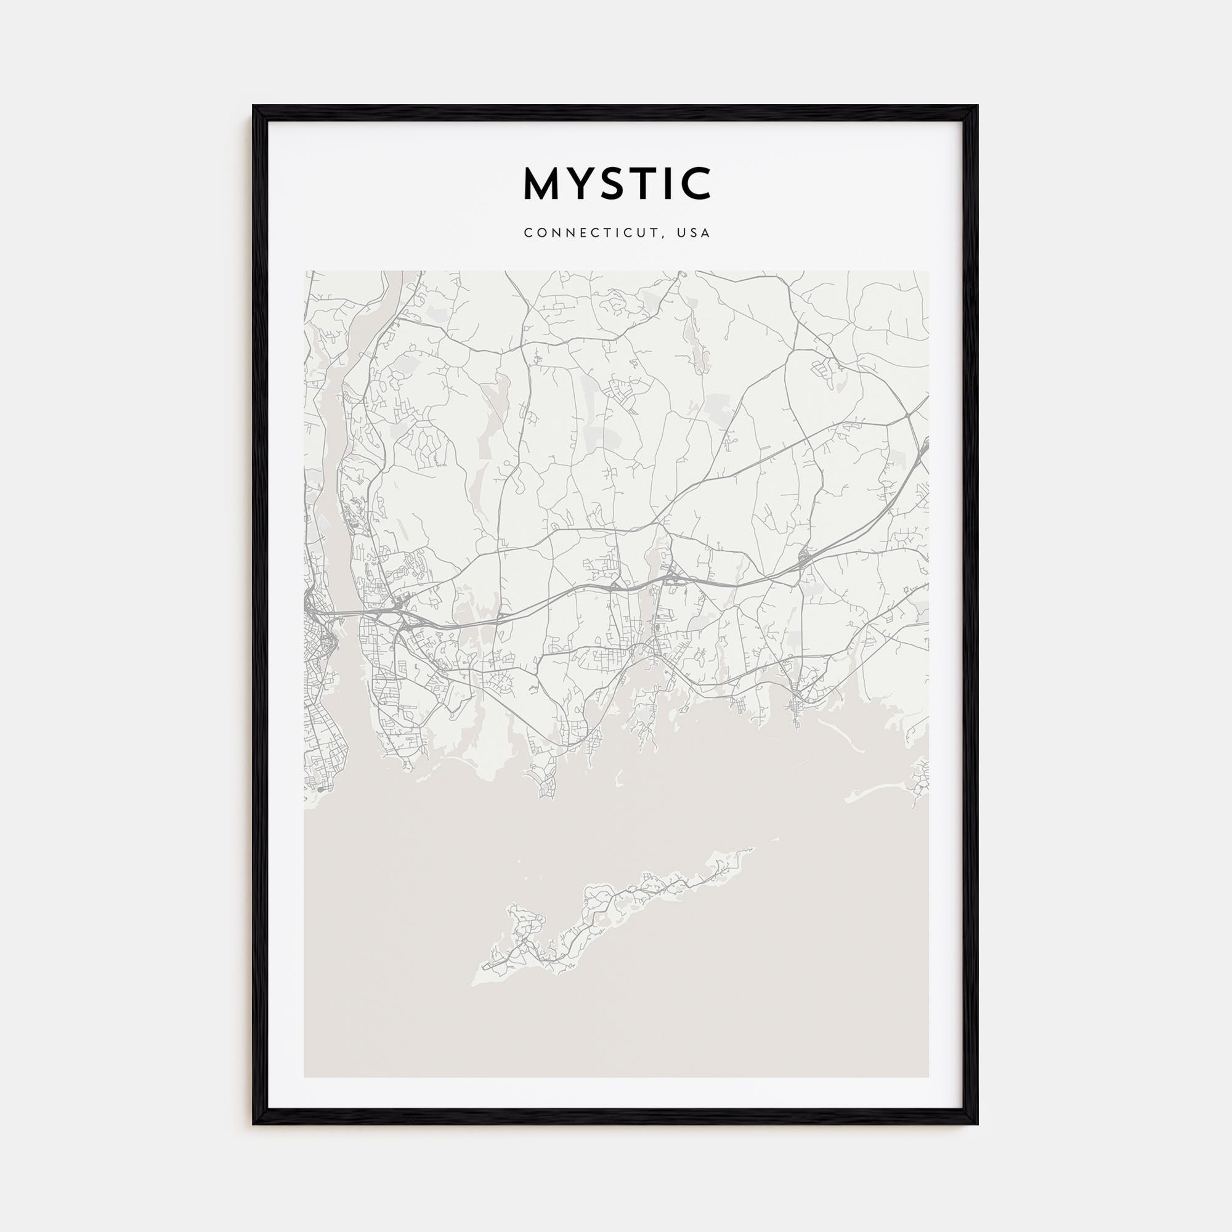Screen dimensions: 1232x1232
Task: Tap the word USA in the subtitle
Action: [694, 233]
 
